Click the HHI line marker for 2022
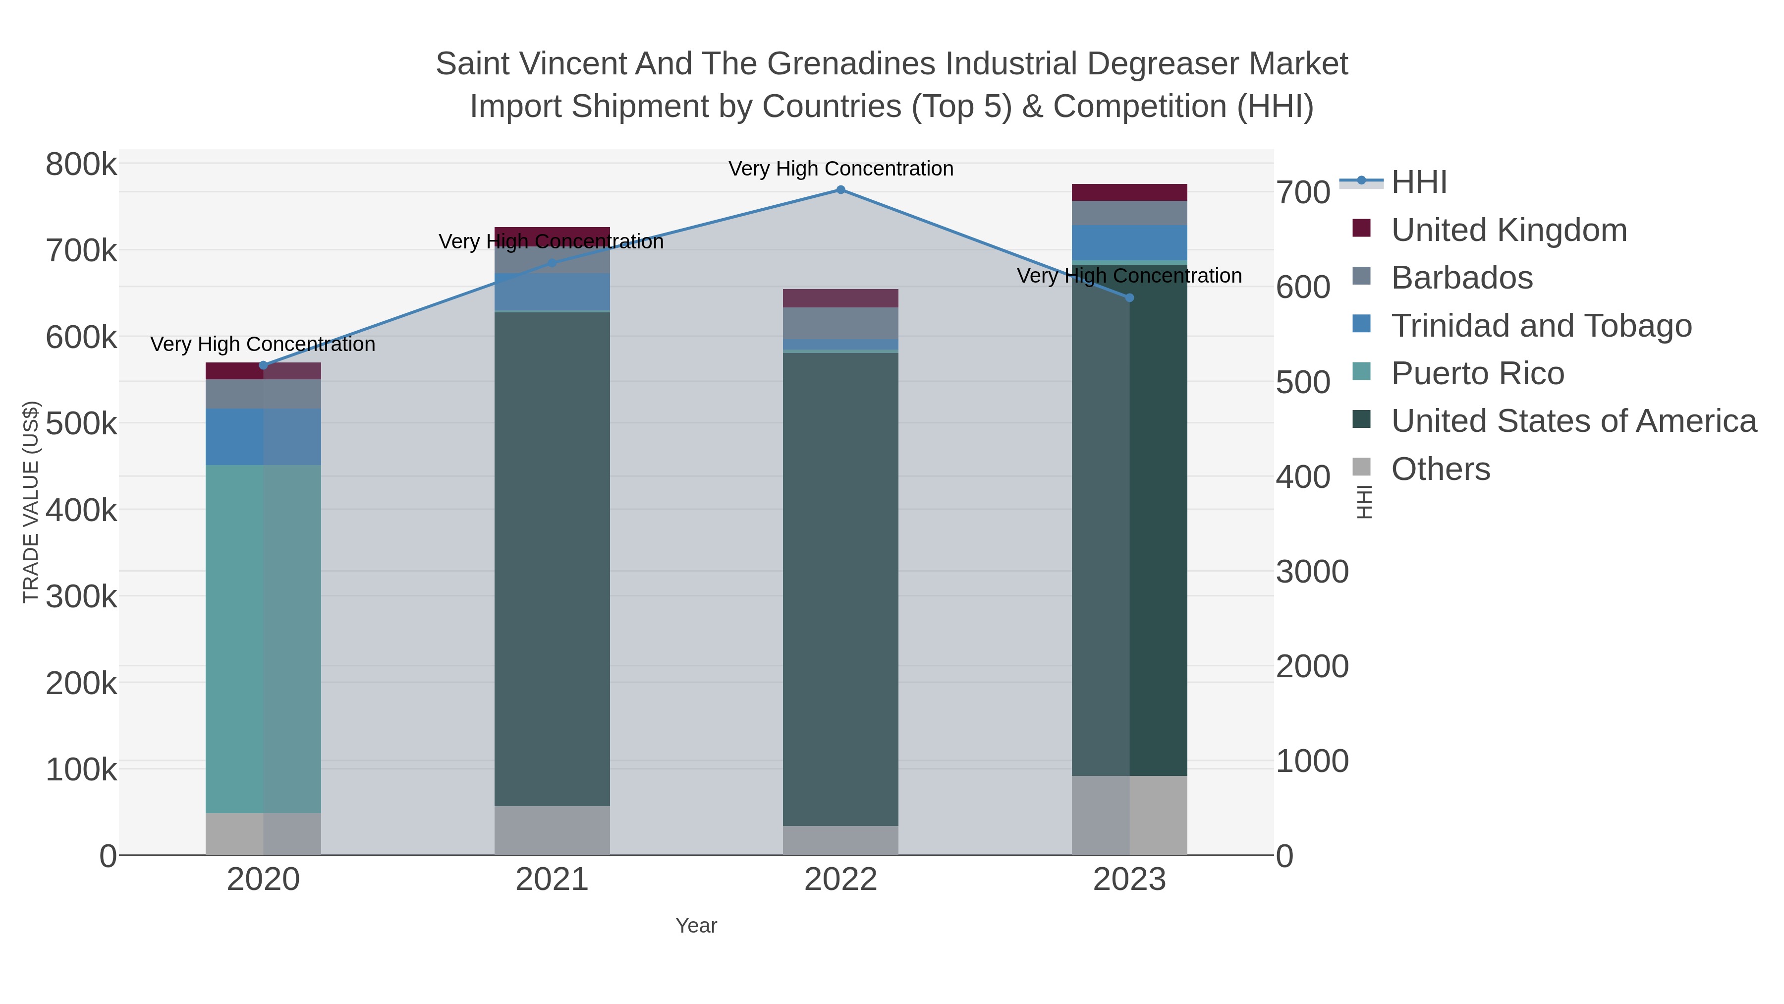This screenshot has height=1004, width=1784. pos(841,190)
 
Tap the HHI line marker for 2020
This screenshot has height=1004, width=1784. pos(263,365)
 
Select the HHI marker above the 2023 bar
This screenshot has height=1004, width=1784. pos(1129,298)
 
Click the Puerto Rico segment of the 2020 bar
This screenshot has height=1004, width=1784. pos(263,638)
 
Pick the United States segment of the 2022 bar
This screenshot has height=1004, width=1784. pos(841,589)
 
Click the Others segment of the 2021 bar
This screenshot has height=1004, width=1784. pos(552,830)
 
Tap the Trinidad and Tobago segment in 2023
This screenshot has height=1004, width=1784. pos(1129,242)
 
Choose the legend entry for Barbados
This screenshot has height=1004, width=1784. pos(1461,278)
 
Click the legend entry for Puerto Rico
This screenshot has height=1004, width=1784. pos(1477,373)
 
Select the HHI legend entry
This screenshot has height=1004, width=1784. pos(1418,182)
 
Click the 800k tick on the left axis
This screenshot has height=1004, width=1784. pos(81,165)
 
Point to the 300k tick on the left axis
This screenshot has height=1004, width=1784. pos(81,596)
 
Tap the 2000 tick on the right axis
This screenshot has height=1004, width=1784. pos(1312,666)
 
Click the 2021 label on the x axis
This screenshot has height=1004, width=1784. pos(552,879)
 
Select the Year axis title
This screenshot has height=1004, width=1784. pos(696,926)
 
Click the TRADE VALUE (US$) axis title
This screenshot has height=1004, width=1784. pos(31,502)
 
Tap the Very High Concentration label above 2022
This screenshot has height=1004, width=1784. pos(841,169)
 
